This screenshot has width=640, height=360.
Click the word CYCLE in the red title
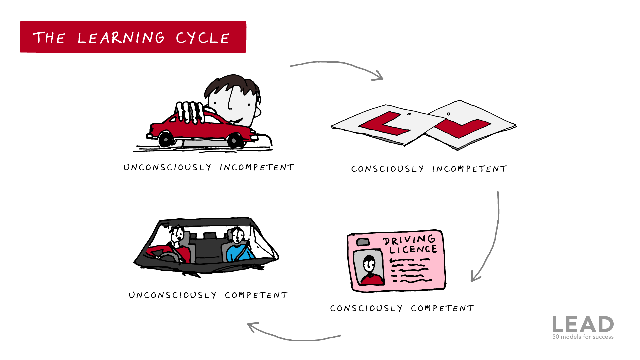pyautogui.click(x=203, y=38)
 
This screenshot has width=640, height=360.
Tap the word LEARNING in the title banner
pyautogui.click(x=121, y=38)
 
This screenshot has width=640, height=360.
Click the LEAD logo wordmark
pyautogui.click(x=583, y=324)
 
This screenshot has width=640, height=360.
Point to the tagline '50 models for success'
pyautogui.click(x=583, y=337)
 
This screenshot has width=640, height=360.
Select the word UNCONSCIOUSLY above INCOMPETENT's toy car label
pyautogui.click(x=167, y=167)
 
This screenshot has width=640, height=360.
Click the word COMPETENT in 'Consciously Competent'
pyautogui.click(x=442, y=308)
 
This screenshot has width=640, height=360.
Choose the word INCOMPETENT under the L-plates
pyautogui.click(x=469, y=169)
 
